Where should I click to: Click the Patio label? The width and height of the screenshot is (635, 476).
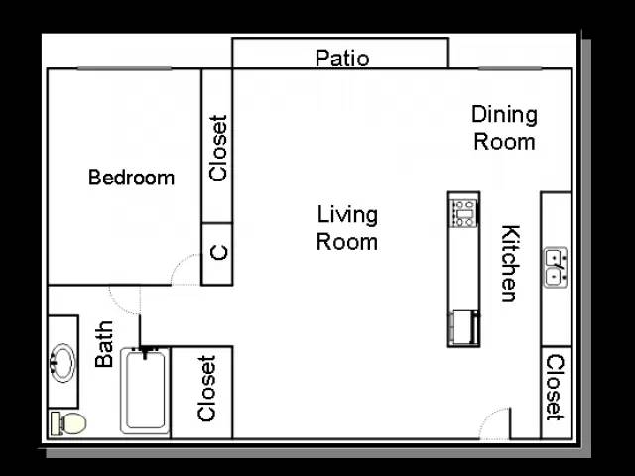(x=342, y=59)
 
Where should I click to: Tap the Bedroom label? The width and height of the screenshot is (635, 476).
(x=132, y=178)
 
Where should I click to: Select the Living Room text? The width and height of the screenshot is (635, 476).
(x=347, y=228)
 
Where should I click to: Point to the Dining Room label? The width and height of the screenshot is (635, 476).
(x=505, y=128)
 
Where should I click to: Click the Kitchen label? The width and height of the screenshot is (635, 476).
(x=510, y=264)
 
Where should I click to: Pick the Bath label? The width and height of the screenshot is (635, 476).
(x=104, y=344)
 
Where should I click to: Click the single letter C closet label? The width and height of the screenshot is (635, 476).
(x=219, y=253)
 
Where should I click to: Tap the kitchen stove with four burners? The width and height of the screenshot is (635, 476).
(x=464, y=213)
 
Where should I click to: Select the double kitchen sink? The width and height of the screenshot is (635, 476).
(x=555, y=268)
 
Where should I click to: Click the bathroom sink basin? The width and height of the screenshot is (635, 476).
(x=63, y=363)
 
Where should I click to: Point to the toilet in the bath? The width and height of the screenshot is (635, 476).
(x=68, y=423)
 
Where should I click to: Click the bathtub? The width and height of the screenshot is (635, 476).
(x=145, y=392)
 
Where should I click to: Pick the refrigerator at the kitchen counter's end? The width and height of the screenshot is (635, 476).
(x=464, y=327)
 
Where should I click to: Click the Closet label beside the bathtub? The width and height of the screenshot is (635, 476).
(x=206, y=389)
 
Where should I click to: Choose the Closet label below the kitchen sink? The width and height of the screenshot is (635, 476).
(x=554, y=388)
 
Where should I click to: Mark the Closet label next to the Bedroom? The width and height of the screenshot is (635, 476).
(x=218, y=149)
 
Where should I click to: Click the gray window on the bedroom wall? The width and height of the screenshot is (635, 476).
(x=124, y=68)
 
